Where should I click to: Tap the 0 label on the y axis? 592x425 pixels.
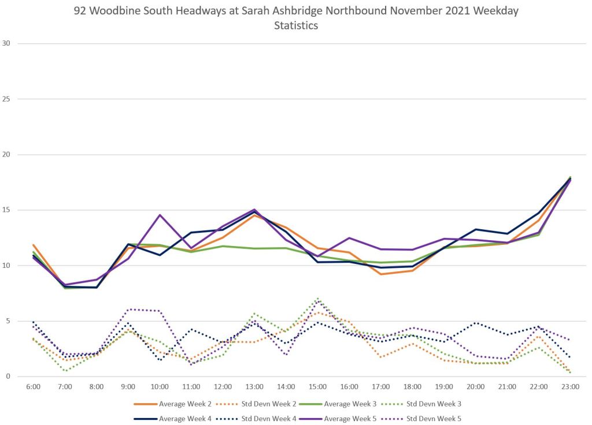click(8, 376)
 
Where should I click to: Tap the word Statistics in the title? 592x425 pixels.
click(296, 26)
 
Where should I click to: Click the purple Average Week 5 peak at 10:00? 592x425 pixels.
click(160, 215)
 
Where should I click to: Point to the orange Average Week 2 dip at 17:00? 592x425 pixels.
click(381, 274)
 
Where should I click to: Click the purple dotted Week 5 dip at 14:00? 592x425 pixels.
click(286, 355)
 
